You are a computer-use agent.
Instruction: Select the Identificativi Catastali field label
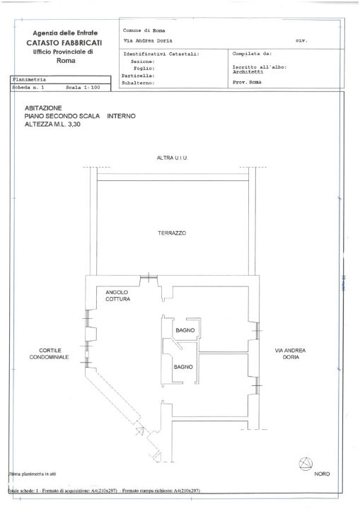(x=161, y=54)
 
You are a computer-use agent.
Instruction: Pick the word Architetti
(x=250, y=72)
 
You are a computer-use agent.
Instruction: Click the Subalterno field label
(x=139, y=83)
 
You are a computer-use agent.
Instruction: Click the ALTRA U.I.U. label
(x=173, y=158)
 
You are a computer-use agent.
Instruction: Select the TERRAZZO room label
(x=172, y=233)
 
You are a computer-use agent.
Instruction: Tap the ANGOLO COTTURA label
(x=117, y=296)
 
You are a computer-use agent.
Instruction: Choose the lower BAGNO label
(x=184, y=367)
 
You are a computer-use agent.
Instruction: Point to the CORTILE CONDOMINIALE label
(x=48, y=354)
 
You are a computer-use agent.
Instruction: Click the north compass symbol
(x=306, y=463)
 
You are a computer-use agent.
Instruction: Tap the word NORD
(x=322, y=474)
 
